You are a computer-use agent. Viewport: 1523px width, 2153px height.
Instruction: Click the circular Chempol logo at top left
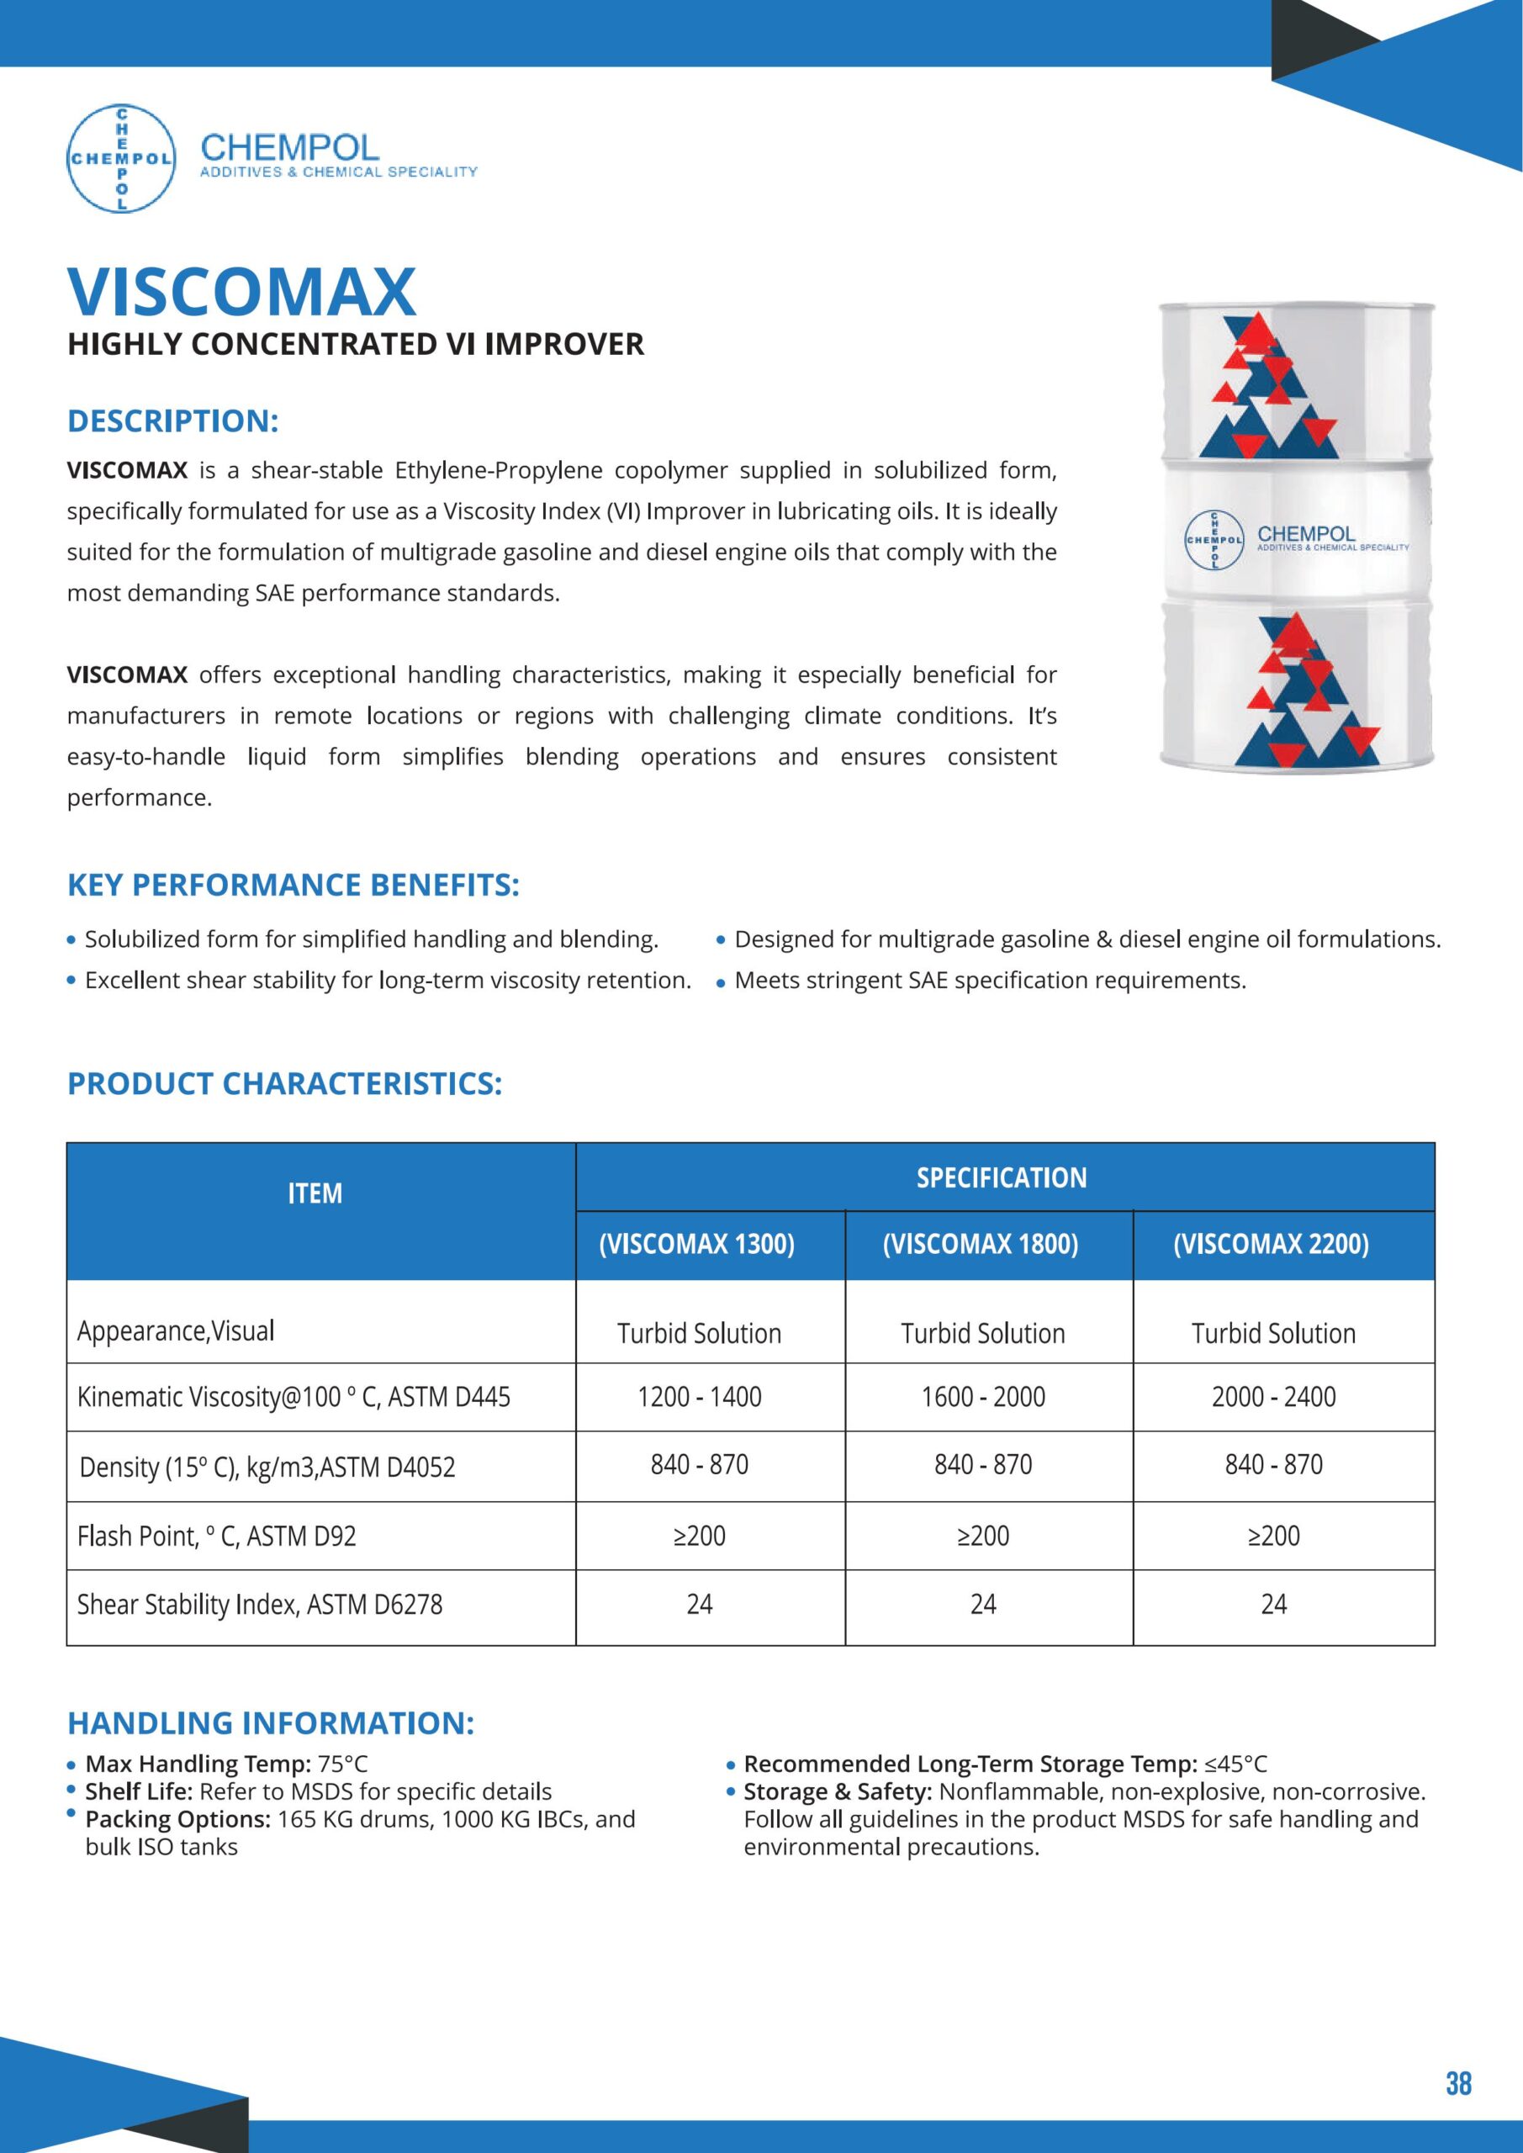pyautogui.click(x=121, y=157)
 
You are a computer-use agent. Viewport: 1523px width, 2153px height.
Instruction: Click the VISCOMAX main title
pyautogui.click(x=242, y=292)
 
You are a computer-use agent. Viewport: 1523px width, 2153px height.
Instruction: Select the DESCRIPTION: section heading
pyautogui.click(x=172, y=421)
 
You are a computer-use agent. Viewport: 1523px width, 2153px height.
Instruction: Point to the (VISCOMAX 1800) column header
pyautogui.click(x=980, y=1245)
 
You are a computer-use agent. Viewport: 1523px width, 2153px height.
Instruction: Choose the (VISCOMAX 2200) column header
pyautogui.click(x=1271, y=1245)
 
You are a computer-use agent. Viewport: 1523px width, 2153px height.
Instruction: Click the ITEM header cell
pyautogui.click(x=315, y=1193)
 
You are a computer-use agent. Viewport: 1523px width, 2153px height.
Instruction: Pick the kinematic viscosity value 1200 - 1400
pyautogui.click(x=699, y=1396)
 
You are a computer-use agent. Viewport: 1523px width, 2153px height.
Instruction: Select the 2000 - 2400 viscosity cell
pyautogui.click(x=1272, y=1396)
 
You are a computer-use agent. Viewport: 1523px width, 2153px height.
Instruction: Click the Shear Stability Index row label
pyautogui.click(x=260, y=1605)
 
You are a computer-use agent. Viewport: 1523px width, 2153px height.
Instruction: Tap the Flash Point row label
pyautogui.click(x=217, y=1536)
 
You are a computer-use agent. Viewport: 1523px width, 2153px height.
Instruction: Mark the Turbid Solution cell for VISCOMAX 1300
pyautogui.click(x=699, y=1334)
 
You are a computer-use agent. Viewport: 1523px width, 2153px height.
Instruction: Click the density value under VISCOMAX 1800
pyautogui.click(x=983, y=1465)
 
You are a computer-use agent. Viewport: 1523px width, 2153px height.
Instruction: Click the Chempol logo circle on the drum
pyautogui.click(x=1214, y=540)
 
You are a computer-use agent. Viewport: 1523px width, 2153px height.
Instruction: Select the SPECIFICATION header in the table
pyautogui.click(x=1002, y=1177)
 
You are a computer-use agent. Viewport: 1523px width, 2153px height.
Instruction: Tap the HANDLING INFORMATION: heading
pyautogui.click(x=271, y=1722)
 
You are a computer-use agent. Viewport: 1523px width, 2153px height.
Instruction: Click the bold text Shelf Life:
pyautogui.click(x=139, y=1792)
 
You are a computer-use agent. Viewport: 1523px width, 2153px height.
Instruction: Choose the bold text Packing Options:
pyautogui.click(x=177, y=1819)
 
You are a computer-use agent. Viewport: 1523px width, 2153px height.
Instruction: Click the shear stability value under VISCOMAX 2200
pyautogui.click(x=1272, y=1605)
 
